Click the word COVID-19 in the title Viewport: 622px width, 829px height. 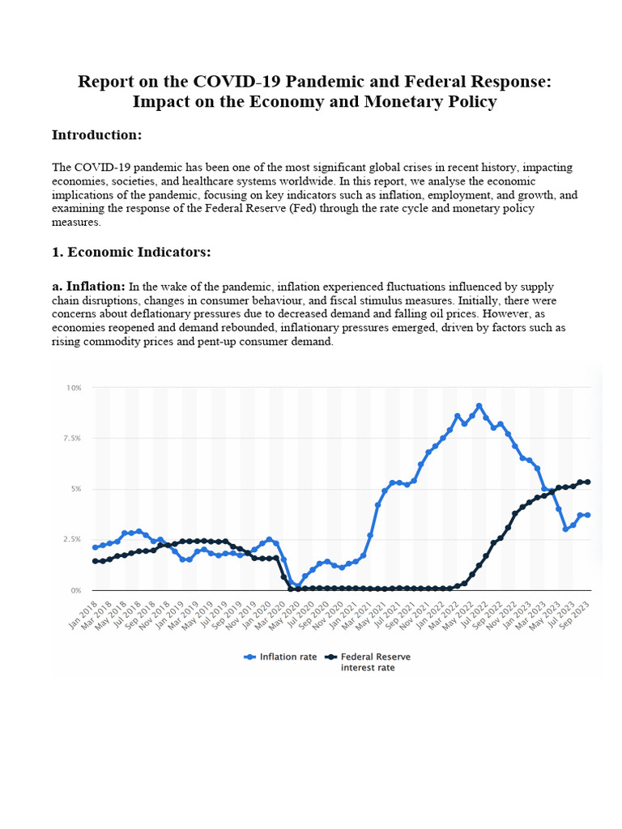232,82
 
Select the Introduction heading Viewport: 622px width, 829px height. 96,134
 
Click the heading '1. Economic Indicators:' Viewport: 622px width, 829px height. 131,252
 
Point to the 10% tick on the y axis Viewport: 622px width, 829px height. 75,388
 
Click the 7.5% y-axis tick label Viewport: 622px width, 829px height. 73,438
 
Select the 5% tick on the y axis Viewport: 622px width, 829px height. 76,489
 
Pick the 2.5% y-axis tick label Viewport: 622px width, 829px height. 73,539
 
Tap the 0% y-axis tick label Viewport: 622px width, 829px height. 76,590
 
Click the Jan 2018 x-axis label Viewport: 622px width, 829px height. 83,610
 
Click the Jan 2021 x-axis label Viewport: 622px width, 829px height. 345,610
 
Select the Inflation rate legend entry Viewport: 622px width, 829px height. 280,657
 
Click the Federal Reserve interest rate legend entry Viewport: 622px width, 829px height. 369,662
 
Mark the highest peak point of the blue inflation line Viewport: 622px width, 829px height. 479,406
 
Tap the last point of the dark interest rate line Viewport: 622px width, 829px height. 588,482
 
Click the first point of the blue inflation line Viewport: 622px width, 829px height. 96,547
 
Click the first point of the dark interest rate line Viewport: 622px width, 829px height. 96,561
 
